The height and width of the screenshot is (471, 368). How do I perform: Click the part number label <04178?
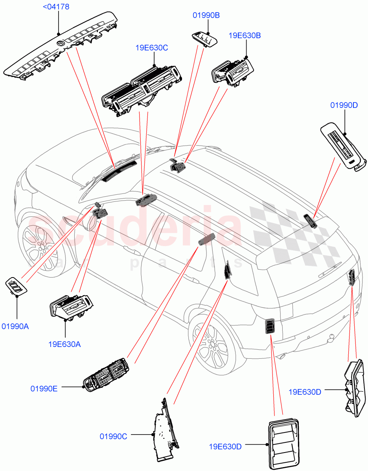[58, 7]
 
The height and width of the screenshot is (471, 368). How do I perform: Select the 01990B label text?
[206, 15]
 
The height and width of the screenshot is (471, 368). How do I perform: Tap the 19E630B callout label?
[245, 35]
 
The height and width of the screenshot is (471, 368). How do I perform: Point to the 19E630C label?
[151, 48]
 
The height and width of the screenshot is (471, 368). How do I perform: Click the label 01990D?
[344, 105]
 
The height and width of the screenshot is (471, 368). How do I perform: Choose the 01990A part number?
[17, 326]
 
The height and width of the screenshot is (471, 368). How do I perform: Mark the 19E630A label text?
[64, 344]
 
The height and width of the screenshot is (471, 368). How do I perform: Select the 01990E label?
[44, 389]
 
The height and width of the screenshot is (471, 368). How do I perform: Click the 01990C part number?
[113, 436]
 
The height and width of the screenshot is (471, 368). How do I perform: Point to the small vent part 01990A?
[16, 286]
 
